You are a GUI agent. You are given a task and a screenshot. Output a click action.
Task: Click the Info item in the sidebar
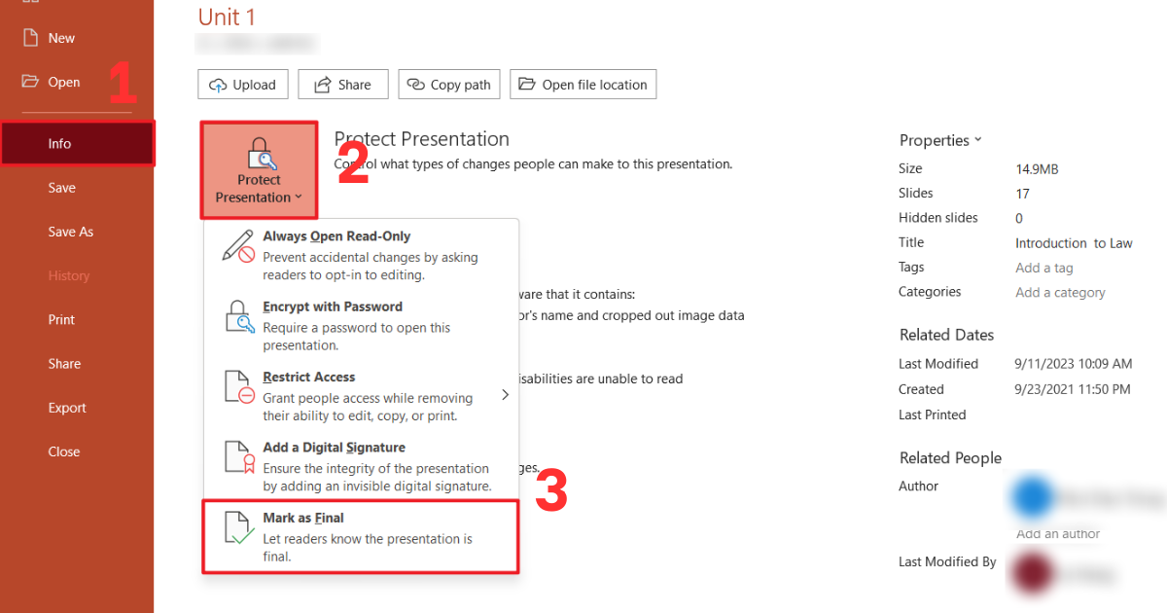point(60,144)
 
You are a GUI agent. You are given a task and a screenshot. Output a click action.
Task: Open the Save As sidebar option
point(71,232)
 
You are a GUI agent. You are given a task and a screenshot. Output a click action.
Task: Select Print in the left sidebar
point(61,320)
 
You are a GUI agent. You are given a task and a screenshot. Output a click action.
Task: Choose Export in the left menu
point(67,408)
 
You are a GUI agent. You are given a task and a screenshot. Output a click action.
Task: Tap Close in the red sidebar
point(64,451)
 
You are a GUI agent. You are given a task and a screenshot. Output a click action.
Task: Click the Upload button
point(243,85)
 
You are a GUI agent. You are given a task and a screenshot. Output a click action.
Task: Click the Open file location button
point(583,85)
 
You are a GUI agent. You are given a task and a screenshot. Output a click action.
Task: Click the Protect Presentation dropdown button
point(259,170)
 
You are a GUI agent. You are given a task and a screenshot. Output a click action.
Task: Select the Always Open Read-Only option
point(336,236)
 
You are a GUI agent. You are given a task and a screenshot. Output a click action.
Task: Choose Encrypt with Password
point(333,306)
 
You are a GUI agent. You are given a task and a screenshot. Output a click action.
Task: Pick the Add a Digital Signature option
point(334,448)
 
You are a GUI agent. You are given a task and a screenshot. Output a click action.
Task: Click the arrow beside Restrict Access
point(505,394)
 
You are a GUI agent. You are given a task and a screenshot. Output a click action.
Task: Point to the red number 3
point(551,492)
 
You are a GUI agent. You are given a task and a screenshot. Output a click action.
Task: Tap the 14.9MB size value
point(1037,169)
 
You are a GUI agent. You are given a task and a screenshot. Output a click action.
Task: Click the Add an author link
point(1058,533)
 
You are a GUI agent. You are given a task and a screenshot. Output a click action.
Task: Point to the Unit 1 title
point(228,17)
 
